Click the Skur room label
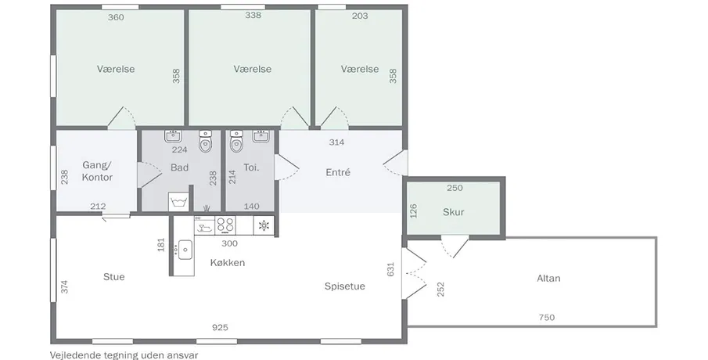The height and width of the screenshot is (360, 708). click(x=453, y=212)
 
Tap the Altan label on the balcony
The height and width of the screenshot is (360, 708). click(x=548, y=279)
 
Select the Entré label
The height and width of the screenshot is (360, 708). click(x=338, y=172)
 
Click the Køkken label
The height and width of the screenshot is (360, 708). click(x=228, y=262)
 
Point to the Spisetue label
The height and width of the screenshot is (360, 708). click(x=345, y=286)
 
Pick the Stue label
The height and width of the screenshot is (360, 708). click(x=113, y=276)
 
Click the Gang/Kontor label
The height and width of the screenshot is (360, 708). click(x=98, y=171)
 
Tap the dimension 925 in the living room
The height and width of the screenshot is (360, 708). click(x=220, y=327)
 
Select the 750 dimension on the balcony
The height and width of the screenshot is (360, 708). click(x=546, y=317)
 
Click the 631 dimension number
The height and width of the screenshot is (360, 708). click(x=391, y=269)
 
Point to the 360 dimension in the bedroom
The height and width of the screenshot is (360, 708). click(x=116, y=17)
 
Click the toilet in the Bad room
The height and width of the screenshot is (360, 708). click(x=206, y=141)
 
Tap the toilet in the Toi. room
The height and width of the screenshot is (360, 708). click(x=236, y=141)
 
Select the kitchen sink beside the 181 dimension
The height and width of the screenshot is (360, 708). click(x=185, y=250)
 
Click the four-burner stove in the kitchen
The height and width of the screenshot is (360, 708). click(x=225, y=225)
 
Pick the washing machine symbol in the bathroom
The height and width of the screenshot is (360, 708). click(x=179, y=201)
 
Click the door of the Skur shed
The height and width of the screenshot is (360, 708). click(x=455, y=247)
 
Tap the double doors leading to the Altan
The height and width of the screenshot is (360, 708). click(x=415, y=273)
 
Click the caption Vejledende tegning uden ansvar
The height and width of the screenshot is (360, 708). click(x=124, y=355)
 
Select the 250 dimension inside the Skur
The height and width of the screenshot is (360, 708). click(x=455, y=188)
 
